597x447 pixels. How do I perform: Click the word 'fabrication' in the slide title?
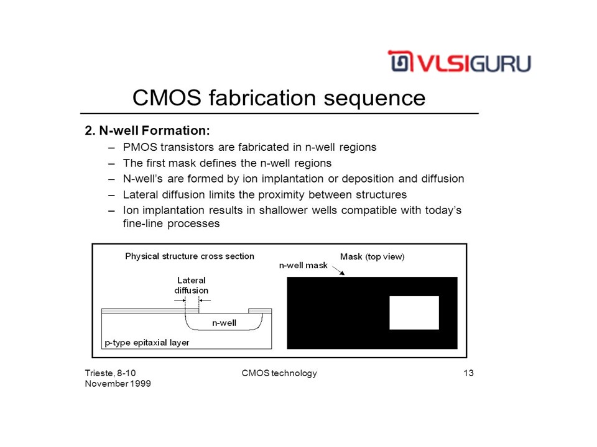[x=262, y=97]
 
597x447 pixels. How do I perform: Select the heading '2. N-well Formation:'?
[x=147, y=130]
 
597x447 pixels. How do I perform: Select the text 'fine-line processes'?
[x=171, y=223]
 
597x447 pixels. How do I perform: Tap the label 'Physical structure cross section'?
[x=190, y=256]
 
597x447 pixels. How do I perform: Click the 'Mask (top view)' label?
[x=372, y=256]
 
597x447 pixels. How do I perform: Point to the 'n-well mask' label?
[x=303, y=265]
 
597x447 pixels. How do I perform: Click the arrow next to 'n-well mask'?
[x=338, y=271]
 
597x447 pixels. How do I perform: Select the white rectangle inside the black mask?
[x=414, y=313]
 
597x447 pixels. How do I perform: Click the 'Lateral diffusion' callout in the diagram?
[x=191, y=285]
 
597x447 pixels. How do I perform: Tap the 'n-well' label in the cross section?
[x=224, y=323]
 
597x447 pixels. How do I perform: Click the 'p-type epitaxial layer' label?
[x=147, y=343]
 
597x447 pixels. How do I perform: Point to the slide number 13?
[x=468, y=373]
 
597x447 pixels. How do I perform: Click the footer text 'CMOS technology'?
[x=279, y=373]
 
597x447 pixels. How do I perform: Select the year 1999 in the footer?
[x=140, y=384]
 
